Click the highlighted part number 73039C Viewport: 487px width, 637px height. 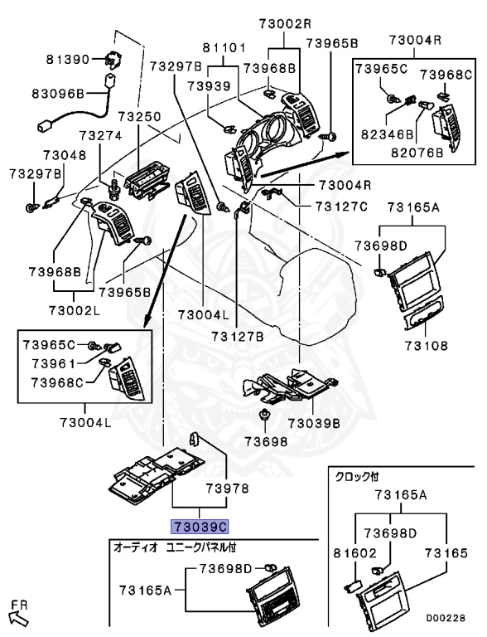point(200,527)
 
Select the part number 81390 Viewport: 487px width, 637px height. point(68,60)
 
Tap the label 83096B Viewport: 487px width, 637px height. point(58,94)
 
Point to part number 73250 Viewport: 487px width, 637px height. point(140,117)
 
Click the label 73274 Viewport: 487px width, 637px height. point(101,135)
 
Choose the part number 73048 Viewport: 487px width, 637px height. point(65,155)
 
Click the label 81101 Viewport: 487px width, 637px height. point(224,48)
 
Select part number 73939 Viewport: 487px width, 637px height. point(209,86)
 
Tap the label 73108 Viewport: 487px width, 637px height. point(426,345)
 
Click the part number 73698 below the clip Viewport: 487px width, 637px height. point(266,441)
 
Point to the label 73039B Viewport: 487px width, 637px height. point(314,423)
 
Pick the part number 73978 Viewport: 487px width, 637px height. point(227,489)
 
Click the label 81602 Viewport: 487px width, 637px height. point(355,553)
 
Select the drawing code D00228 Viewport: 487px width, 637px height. point(446,618)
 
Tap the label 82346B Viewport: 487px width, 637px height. point(387,134)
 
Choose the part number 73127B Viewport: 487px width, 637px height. point(237,337)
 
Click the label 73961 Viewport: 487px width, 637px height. point(54,363)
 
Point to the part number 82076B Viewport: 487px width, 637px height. point(417,153)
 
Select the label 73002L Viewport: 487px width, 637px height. point(75,311)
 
